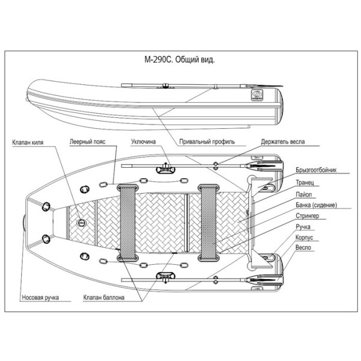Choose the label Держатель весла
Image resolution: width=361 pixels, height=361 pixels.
[x=283, y=143]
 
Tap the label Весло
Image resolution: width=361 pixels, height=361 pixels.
[x=303, y=248]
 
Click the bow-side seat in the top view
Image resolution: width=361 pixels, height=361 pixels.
[x=128, y=223]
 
